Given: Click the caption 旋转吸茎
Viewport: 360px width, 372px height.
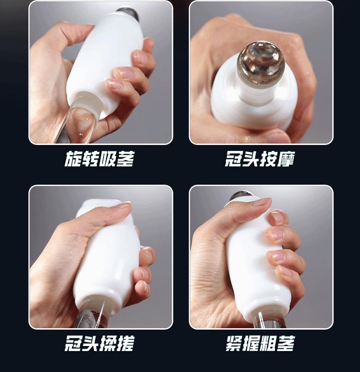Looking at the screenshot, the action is pos(99,159).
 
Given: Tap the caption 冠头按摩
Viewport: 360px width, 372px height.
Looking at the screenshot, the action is pos(260,159).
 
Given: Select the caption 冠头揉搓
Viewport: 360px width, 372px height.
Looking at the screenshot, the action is pos(99,343).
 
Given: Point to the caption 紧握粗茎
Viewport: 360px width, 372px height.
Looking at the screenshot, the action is pos(260,343).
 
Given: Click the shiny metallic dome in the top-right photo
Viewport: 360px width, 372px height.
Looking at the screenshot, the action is pos(261,63).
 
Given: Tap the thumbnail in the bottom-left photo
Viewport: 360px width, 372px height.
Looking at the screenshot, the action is pos(124,204).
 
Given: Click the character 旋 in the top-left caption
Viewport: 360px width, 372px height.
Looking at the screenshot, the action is pos(73,159).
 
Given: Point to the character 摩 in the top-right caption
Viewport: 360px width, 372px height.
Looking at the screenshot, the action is pos(286,159).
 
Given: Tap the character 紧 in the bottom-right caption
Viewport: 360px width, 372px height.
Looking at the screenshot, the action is pos(234,343).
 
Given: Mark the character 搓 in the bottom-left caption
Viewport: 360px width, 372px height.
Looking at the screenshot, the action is pos(126,343).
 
